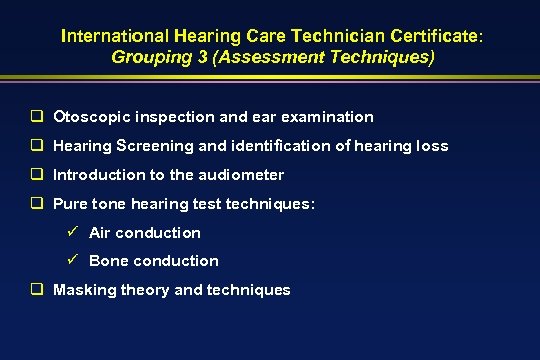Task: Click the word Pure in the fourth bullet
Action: pos(70,204)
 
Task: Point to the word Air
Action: pos(100,233)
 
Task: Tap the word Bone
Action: pos(107,261)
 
